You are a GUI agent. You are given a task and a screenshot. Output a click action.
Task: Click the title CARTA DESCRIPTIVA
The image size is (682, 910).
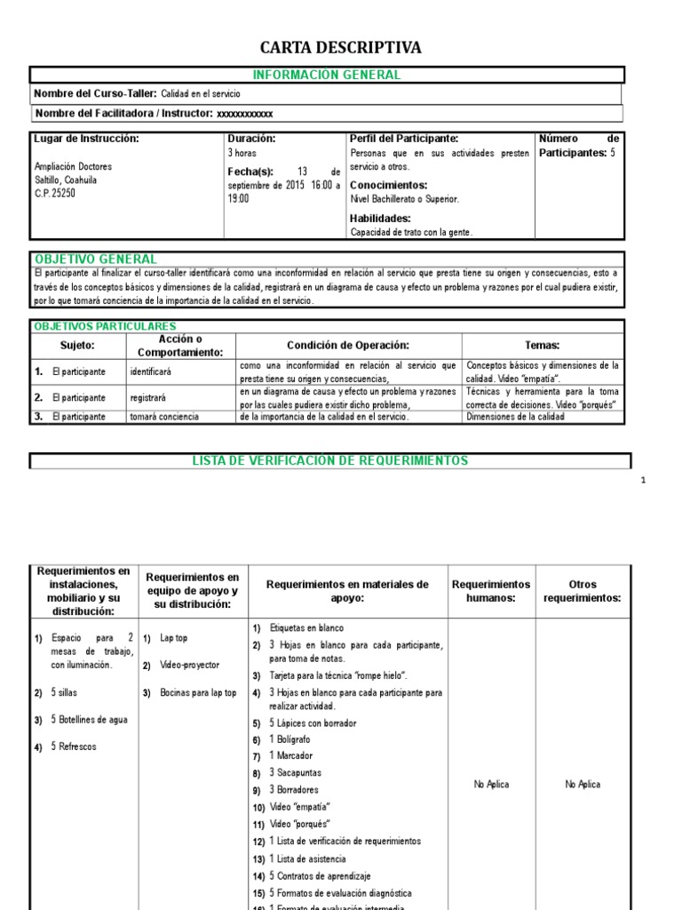(x=340, y=47)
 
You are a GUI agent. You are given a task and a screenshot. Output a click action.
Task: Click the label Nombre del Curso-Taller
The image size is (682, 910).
(x=95, y=93)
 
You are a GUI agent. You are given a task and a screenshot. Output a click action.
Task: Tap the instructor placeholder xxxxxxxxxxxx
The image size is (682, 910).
(x=245, y=114)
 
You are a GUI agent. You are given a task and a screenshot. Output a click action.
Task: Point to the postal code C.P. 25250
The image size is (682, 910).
(x=54, y=192)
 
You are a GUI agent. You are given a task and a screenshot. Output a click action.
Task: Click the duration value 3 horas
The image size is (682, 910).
(x=242, y=154)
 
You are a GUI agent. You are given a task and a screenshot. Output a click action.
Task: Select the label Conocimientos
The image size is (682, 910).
(x=389, y=185)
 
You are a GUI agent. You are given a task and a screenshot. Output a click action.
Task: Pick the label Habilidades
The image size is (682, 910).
(x=380, y=218)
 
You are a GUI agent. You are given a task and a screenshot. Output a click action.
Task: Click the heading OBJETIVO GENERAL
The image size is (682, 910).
(x=95, y=259)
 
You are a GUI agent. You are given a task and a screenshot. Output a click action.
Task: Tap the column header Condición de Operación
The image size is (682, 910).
(x=348, y=345)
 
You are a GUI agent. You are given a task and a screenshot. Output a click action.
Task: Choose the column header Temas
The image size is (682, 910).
(x=543, y=345)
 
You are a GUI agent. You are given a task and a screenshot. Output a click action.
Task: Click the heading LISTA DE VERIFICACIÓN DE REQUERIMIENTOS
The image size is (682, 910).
(x=330, y=460)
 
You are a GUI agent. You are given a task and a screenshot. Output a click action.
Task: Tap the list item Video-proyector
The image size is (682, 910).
(x=189, y=665)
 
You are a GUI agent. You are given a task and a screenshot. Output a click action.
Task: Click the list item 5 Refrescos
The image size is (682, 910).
(x=74, y=746)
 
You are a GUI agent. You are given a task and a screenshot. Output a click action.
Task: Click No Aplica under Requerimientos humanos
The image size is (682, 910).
(x=491, y=785)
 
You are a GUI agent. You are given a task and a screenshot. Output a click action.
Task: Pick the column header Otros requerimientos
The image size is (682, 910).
(x=583, y=591)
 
